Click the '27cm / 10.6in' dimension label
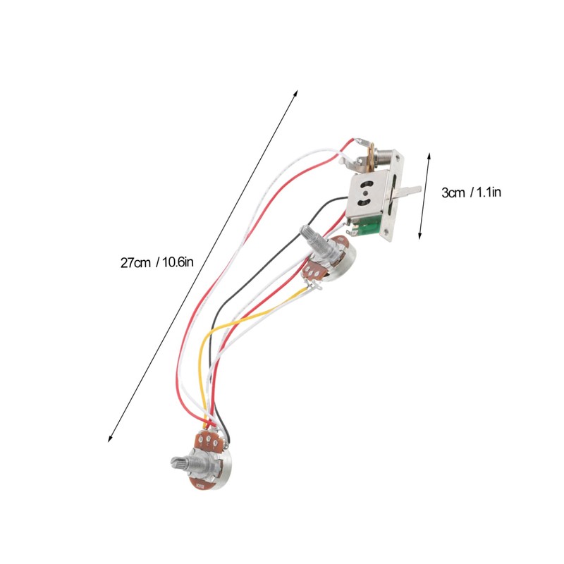click(156, 263)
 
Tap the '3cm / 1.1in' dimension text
click(470, 192)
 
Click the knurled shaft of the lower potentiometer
click(180, 463)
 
